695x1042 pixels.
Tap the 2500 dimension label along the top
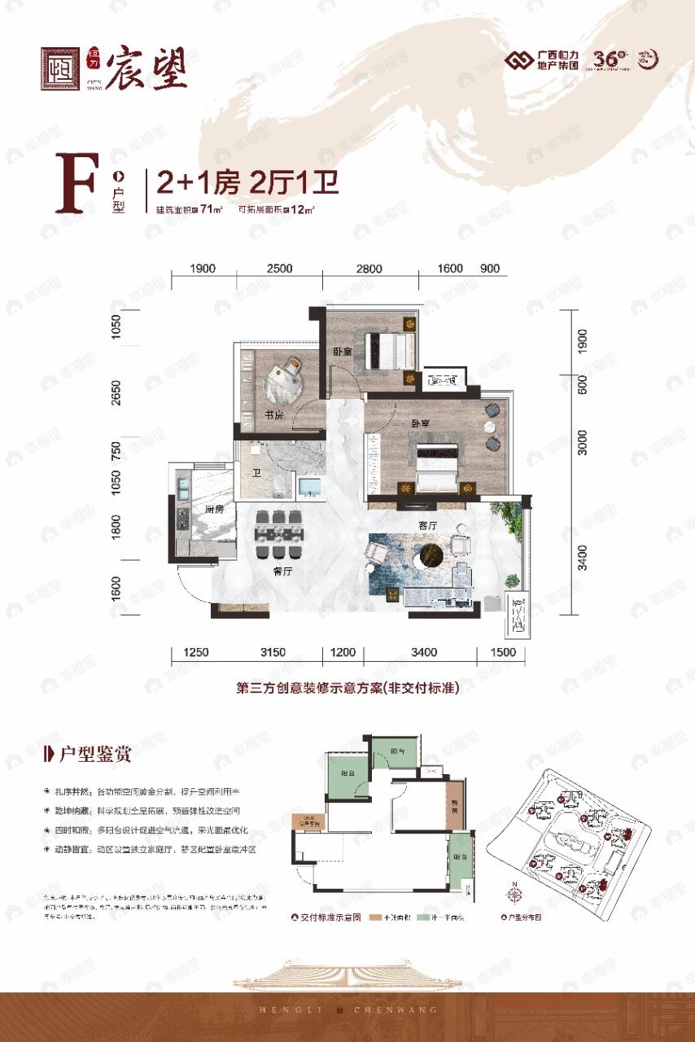(x=279, y=269)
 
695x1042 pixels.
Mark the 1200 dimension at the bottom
(x=343, y=652)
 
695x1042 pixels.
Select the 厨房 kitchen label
(x=203, y=510)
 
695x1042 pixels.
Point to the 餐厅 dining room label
(x=282, y=572)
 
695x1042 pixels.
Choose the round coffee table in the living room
(x=429, y=560)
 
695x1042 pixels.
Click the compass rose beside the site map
(x=514, y=893)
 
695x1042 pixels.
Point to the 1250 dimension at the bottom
(x=196, y=652)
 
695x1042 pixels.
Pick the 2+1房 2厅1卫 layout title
(x=242, y=181)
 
